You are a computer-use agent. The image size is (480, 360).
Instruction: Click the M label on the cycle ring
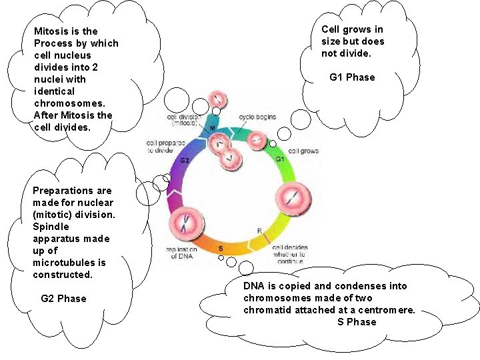[213, 128]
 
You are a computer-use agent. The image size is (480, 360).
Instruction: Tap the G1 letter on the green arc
[280, 160]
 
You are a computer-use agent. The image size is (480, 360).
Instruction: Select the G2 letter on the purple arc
[185, 161]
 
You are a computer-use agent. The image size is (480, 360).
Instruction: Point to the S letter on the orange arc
[221, 249]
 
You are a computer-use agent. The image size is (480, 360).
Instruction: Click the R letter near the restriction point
[260, 231]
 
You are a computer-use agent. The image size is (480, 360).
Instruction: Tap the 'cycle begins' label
[257, 118]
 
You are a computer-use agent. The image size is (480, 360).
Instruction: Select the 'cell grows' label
[303, 151]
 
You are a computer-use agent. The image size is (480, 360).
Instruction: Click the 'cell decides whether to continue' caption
[289, 254]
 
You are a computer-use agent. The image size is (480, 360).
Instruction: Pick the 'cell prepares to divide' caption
[160, 147]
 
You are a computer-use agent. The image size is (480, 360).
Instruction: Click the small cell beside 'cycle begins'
[258, 141]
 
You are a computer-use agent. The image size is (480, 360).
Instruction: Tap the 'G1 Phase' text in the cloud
[352, 77]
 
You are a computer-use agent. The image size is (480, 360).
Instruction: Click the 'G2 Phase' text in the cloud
[63, 299]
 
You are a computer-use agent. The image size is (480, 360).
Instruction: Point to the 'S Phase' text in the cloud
[357, 322]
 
